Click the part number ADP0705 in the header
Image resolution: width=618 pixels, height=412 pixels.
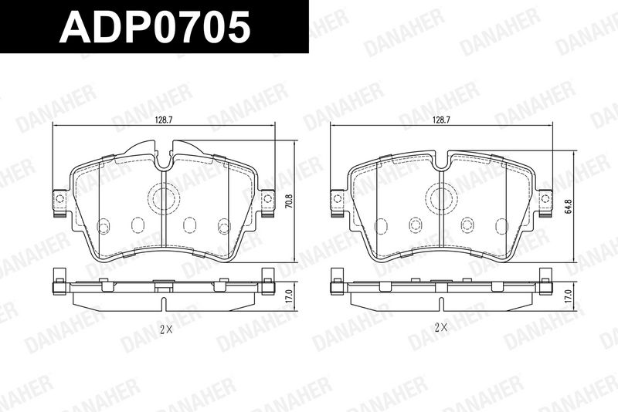point(155,26)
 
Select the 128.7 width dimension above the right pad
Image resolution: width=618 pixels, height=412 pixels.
point(441,120)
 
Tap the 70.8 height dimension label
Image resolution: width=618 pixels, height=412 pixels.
point(290,201)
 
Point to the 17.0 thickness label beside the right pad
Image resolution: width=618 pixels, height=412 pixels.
point(567,296)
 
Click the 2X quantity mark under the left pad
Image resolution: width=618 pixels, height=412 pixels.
point(166,329)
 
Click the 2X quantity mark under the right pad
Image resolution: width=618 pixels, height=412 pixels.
point(441,327)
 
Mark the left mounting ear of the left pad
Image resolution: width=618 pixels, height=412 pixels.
point(60,203)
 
